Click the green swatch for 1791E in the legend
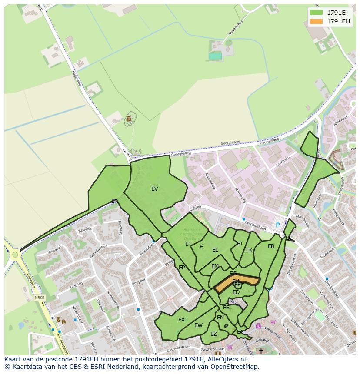pyautogui.click(x=316, y=13)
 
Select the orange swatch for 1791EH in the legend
pyautogui.click(x=316, y=21)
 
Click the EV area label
pyautogui.click(x=154, y=189)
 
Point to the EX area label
pyautogui.click(x=181, y=320)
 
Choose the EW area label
pyautogui.click(x=198, y=325)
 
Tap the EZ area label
pyautogui.click(x=213, y=334)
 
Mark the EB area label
pyautogui.click(x=271, y=246)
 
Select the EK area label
pyautogui.click(x=249, y=250)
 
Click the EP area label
pyautogui.click(x=182, y=268)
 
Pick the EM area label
pyautogui.click(x=215, y=266)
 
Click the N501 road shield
pyautogui.click(x=40, y=298)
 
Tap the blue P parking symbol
pyautogui.click(x=278, y=225)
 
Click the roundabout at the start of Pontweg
pyautogui.click(x=15, y=255)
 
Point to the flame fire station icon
pyautogui.click(x=63, y=322)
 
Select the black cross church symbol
pyautogui.click(x=261, y=351)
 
